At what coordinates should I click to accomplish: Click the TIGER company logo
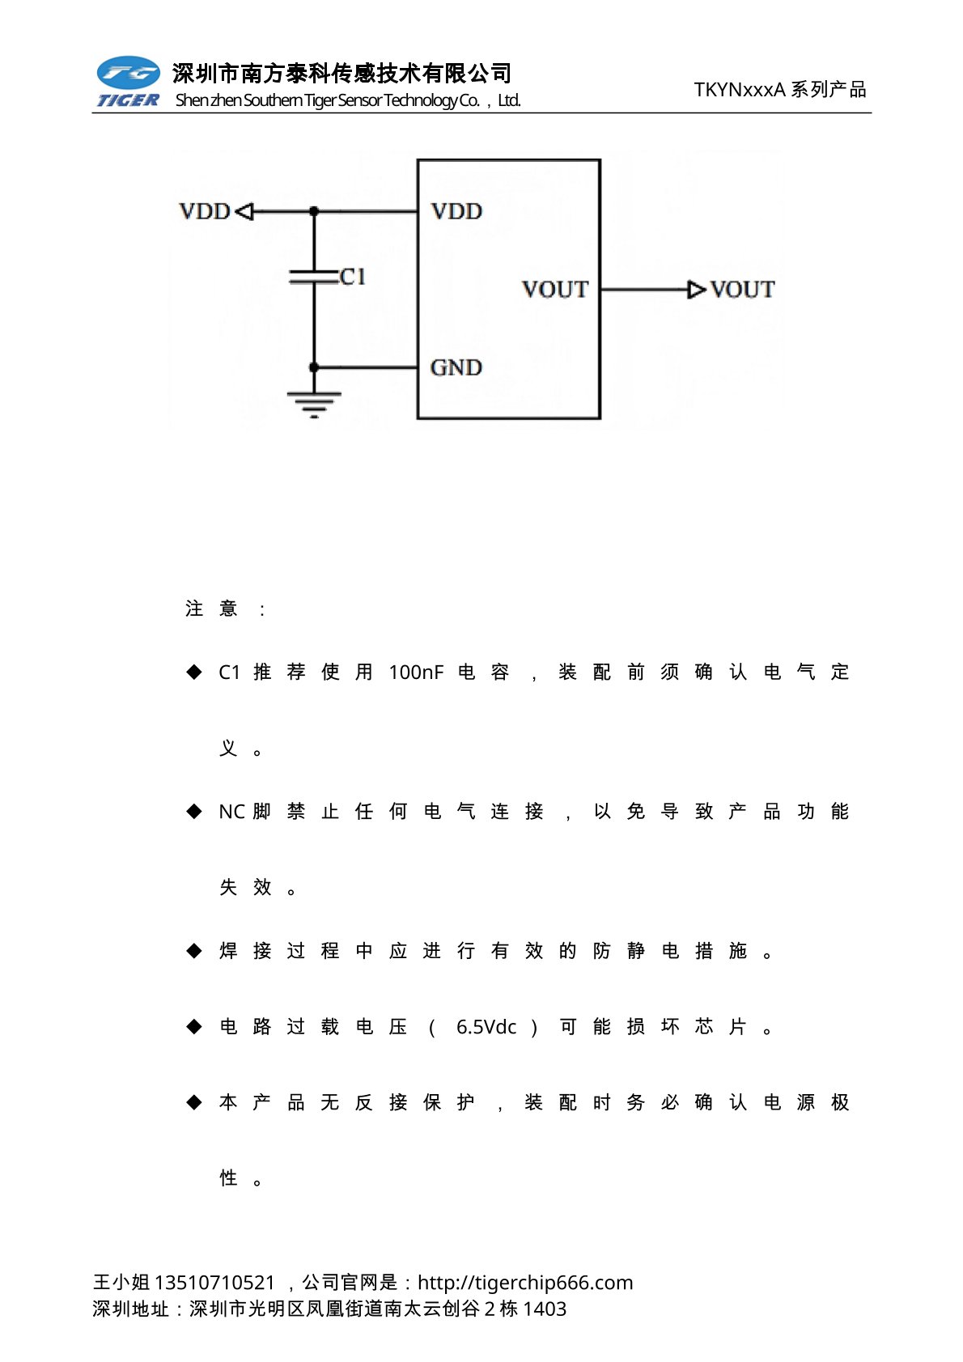point(128,82)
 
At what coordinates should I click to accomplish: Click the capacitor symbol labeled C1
point(314,277)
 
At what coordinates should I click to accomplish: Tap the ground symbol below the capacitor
point(314,403)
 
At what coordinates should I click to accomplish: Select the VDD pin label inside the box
point(456,212)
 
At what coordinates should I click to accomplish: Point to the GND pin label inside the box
point(456,368)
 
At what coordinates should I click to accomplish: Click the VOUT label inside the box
point(554,290)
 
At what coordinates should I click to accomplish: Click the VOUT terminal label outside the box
point(742,290)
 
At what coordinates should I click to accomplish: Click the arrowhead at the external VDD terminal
point(244,212)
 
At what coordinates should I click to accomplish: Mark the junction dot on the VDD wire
point(314,212)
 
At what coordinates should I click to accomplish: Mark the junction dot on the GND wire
point(314,368)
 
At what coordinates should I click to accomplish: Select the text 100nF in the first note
point(416,673)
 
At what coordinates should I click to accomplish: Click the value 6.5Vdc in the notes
point(486,1027)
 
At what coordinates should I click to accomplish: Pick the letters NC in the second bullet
point(231,812)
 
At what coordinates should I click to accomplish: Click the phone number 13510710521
point(214,1283)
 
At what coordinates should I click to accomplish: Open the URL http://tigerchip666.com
point(525,1283)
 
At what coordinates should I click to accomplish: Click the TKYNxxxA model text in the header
point(740,90)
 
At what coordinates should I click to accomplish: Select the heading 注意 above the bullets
point(211,609)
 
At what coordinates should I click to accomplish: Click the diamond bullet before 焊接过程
point(194,951)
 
